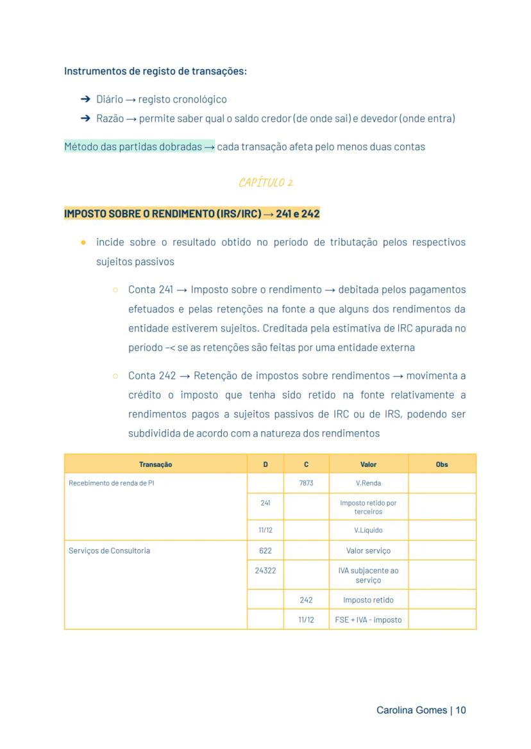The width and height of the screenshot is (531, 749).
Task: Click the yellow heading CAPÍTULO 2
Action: (x=265, y=183)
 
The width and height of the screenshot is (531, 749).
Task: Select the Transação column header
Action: (x=155, y=464)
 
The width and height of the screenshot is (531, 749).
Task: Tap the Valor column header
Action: (x=368, y=464)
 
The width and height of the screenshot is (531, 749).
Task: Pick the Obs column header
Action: (x=442, y=464)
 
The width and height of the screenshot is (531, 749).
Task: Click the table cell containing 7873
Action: (x=306, y=483)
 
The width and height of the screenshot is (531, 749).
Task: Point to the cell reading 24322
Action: (x=265, y=570)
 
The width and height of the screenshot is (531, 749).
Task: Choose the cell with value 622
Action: (x=265, y=550)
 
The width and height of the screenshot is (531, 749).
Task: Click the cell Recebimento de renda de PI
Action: (x=112, y=483)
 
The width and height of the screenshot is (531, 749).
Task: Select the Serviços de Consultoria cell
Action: (x=110, y=550)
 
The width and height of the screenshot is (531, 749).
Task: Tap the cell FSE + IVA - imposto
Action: (x=368, y=620)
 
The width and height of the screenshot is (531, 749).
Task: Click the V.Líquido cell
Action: (x=368, y=530)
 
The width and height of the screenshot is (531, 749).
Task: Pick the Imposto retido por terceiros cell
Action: (x=368, y=507)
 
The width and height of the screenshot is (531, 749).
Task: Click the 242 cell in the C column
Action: (x=306, y=600)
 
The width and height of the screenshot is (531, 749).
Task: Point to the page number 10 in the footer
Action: (x=460, y=710)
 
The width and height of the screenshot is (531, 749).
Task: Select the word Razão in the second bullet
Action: (x=110, y=119)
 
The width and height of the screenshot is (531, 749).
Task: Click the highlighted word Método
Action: (x=81, y=147)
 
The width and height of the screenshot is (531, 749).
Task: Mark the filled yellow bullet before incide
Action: (x=83, y=242)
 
